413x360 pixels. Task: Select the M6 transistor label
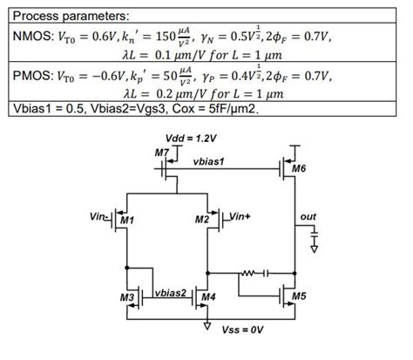point(300,168)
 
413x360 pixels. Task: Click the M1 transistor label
point(128,220)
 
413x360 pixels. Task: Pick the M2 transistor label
point(202,220)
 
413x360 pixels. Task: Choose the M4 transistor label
point(207,297)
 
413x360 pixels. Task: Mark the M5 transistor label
point(299,297)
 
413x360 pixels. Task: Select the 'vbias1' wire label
point(209,162)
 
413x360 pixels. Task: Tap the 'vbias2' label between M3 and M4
point(172,291)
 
